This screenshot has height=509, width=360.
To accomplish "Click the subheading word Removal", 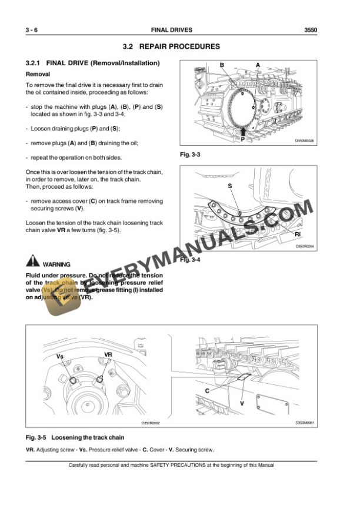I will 38,74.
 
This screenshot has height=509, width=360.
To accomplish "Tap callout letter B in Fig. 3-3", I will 222,64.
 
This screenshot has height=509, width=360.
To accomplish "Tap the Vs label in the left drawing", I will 60,356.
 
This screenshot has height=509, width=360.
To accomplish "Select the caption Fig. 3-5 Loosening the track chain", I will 75,438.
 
